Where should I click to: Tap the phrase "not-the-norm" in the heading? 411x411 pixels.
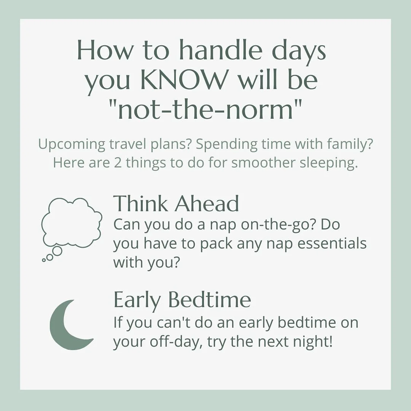click(205, 110)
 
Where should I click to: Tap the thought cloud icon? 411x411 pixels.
click(71, 223)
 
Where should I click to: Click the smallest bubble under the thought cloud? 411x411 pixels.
click(44, 260)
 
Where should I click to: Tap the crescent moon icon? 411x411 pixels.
click(68, 325)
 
